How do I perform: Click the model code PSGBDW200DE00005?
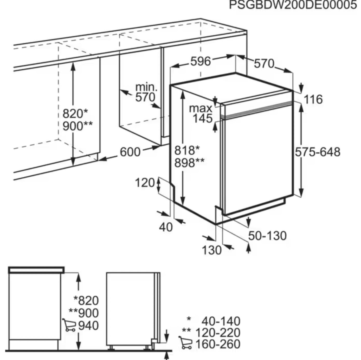pyautogui.click(x=293, y=5)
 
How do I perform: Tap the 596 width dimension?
pyautogui.click(x=201, y=61)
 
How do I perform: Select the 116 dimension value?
pyautogui.click(x=313, y=99)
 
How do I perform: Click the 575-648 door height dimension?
pyautogui.click(x=318, y=152)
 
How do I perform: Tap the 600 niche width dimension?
pyautogui.click(x=130, y=152)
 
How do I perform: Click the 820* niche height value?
pyautogui.click(x=75, y=114)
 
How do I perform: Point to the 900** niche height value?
pyautogui.click(x=77, y=126)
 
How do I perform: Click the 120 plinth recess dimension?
pyautogui.click(x=145, y=183)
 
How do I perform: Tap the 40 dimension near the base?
pyautogui.click(x=166, y=228)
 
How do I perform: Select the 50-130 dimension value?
pyautogui.click(x=268, y=236)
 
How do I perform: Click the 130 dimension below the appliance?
pyautogui.click(x=212, y=250)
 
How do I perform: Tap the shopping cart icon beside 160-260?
pyautogui.click(x=185, y=343)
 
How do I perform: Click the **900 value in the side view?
pyautogui.click(x=83, y=313)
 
